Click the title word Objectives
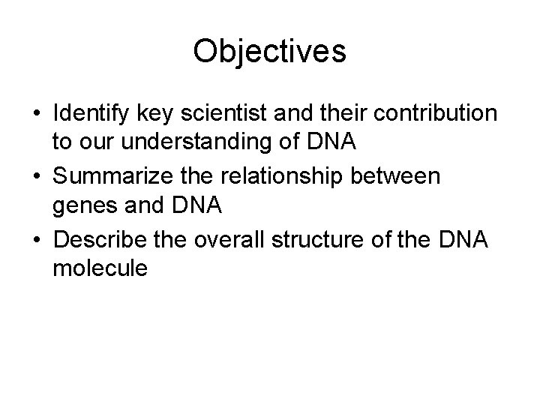(269, 51)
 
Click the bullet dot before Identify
(35, 113)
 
